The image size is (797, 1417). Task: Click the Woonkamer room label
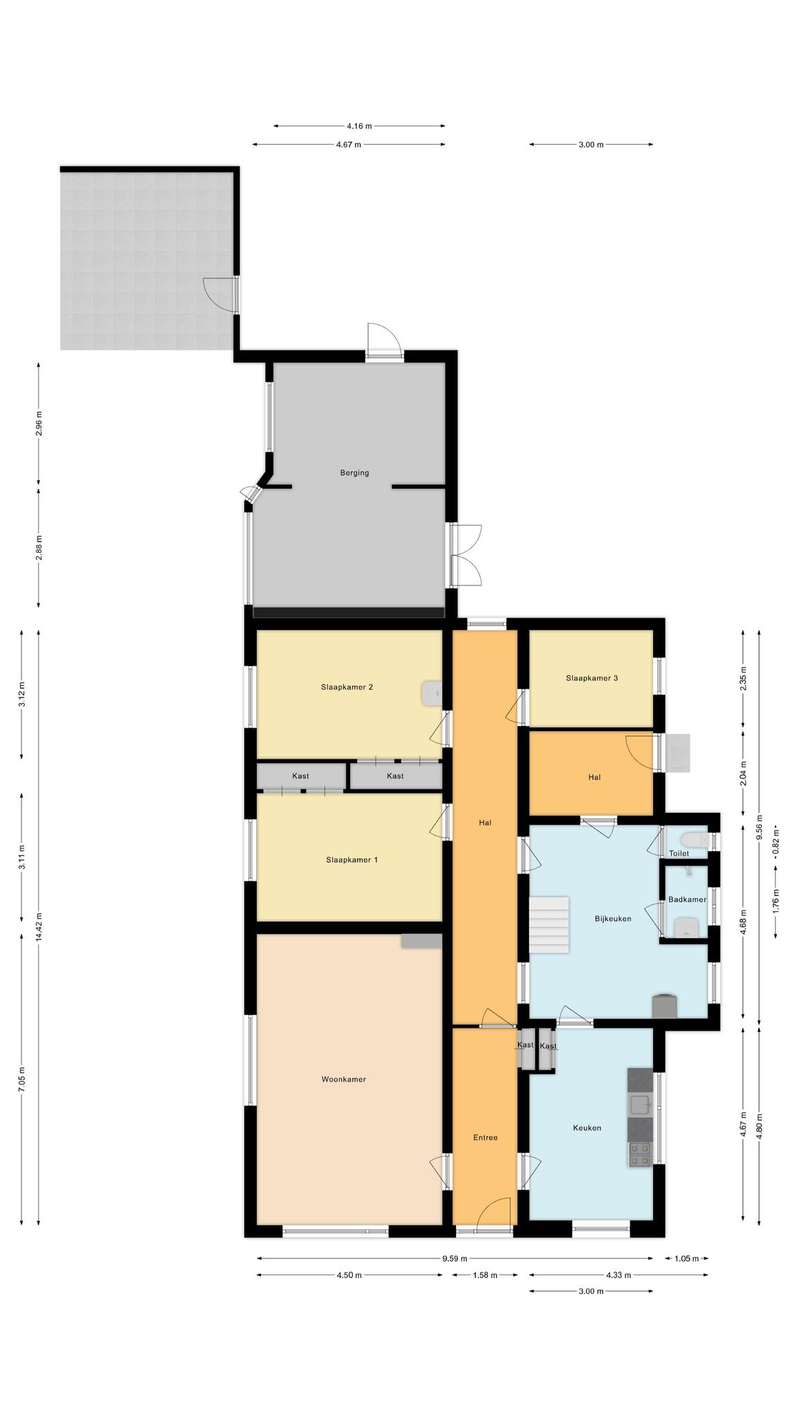tap(343, 1079)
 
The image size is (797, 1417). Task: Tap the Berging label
tap(354, 473)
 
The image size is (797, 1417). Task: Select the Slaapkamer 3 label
tap(592, 677)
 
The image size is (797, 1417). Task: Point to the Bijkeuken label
tap(613, 918)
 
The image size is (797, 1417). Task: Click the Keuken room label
tap(587, 1127)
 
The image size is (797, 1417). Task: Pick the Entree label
tap(485, 1137)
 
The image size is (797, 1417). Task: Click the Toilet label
tap(679, 853)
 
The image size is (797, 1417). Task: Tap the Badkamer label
tap(687, 899)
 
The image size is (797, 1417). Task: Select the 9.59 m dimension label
tap(455, 1258)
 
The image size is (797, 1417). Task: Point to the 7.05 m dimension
tap(22, 1078)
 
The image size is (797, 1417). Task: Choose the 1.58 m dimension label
tap(485, 1274)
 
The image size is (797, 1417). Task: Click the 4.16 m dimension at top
tap(359, 126)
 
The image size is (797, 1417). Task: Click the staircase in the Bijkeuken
tap(549, 924)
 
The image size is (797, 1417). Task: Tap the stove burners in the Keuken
tap(639, 1154)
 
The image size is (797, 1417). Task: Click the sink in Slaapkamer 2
tap(432, 693)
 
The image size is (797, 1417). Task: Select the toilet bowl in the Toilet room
tap(694, 840)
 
